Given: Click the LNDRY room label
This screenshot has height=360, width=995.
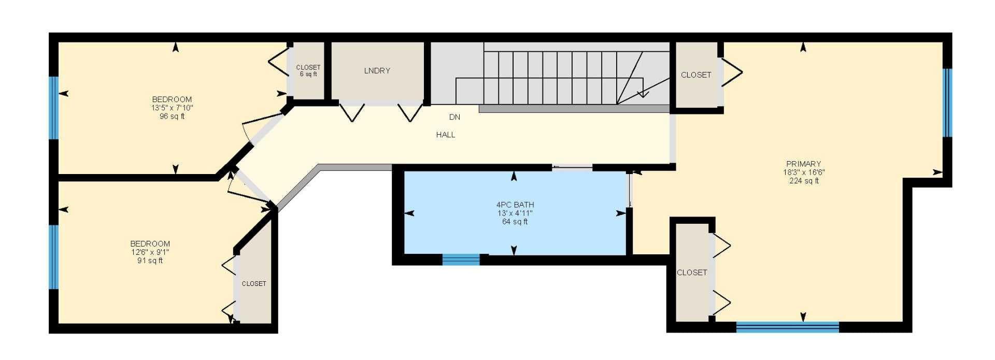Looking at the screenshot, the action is pos(377,71).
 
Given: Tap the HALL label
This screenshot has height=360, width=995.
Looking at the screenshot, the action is pos(446,135).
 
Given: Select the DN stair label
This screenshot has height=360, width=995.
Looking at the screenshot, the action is pos(454,117).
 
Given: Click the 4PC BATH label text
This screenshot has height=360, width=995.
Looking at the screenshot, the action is pos(515,205).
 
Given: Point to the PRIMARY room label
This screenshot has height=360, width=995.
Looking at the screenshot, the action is pos(803,164).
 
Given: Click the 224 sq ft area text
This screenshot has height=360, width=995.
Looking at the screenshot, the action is pos(804,181).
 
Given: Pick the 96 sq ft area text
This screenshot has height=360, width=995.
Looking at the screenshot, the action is pos(172,116).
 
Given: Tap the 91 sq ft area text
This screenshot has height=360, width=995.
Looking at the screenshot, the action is pos(150,261).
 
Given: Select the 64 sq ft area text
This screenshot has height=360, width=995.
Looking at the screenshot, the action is pos(515,222).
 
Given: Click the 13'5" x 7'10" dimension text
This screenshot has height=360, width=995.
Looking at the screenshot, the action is pos(172,108).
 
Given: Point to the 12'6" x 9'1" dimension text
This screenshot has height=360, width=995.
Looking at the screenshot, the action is pos(150,252).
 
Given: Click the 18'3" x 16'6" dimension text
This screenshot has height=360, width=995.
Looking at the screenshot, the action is pos(804,172).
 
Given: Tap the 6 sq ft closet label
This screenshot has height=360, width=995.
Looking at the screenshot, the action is pos(308,74).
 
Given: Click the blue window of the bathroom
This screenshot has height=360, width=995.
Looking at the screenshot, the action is pos(461,260).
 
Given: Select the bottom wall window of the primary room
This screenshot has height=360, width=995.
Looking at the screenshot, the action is pos(788,327).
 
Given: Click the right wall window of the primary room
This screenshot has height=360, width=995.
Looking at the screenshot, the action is pos(947,103).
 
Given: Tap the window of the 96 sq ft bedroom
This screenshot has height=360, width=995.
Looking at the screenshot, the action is pos(53,108).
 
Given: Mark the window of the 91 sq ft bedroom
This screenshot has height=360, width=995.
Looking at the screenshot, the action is pos(53,256).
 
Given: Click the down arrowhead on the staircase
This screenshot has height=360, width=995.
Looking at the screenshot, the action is pos(643,94).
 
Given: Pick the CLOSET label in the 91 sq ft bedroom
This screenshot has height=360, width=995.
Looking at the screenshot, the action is pos(254,284).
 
